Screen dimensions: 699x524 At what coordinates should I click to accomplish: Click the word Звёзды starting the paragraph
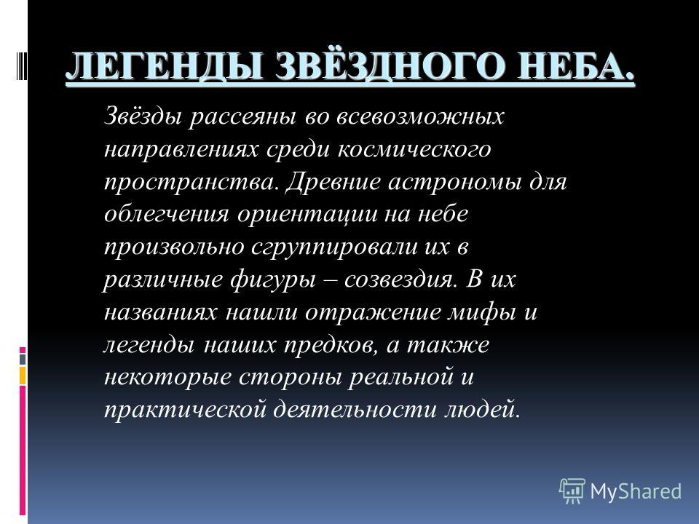tap(143, 116)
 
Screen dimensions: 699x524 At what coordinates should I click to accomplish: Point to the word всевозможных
tap(420, 116)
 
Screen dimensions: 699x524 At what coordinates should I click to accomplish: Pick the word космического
tap(414, 149)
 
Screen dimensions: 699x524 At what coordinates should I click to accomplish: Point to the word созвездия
tap(400, 279)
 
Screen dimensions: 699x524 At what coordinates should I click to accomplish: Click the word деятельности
tap(355, 410)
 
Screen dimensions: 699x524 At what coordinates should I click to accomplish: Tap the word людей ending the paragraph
tap(482, 410)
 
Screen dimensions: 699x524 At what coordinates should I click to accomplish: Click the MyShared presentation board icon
tap(572, 491)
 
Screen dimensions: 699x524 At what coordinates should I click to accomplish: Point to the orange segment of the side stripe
tap(23, 376)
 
